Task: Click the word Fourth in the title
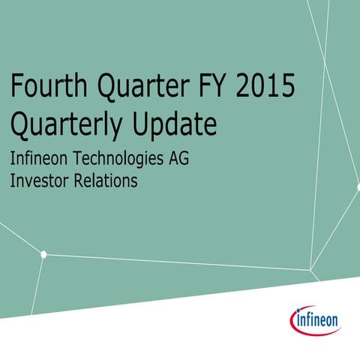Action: pyautogui.click(x=46, y=87)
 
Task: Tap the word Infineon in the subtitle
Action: pyautogui.click(x=38, y=159)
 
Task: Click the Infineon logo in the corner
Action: pyautogui.click(x=315, y=321)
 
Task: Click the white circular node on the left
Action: pyautogui.click(x=43, y=254)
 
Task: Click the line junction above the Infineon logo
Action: pyautogui.click(x=310, y=269)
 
